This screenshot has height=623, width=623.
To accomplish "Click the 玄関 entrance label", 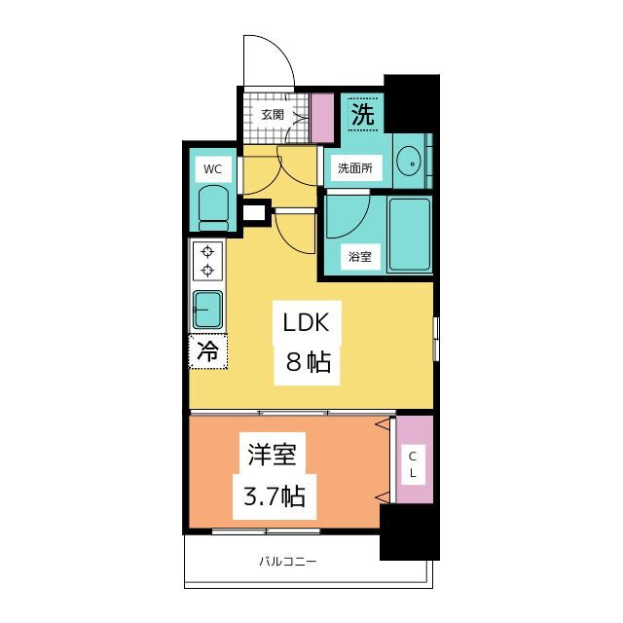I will point(272,115).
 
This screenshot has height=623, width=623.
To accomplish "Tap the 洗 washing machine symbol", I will point(362,114).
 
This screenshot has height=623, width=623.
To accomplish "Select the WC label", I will point(212,169).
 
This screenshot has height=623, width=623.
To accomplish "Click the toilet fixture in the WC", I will point(212,205).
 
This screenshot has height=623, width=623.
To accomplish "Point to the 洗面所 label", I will point(354,168).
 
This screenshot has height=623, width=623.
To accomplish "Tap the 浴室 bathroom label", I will point(360,257).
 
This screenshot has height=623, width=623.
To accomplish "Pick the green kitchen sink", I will point(207,310).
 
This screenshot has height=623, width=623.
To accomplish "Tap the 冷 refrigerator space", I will point(207,351).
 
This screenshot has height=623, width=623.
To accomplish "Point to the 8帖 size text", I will point(308,363).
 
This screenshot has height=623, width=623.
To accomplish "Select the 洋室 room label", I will point(272,455).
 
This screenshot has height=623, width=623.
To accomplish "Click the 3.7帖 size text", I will point(272,496).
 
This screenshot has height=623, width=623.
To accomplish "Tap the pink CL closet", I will point(412,459).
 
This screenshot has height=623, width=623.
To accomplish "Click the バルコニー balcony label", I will point(288,562).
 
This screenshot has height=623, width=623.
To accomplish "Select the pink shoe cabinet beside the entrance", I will point(321,117).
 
